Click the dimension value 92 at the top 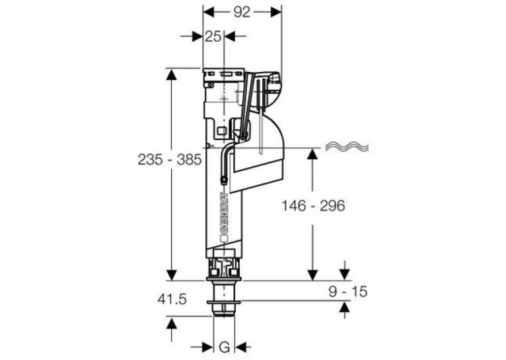point(242,13)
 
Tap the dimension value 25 point(213,36)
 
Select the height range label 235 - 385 point(170,159)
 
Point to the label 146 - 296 point(313,205)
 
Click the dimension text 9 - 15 point(348,291)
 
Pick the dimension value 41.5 point(172,299)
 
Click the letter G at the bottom point(225,347)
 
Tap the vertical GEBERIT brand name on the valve point(224,213)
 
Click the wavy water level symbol point(347,147)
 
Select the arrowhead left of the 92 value point(209,13)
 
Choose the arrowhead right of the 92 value point(276,13)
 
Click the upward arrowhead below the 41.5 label point(172,323)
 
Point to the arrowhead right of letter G point(240,347)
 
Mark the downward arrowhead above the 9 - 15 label point(345,275)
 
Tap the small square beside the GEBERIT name point(224,239)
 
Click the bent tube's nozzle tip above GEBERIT point(223,180)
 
